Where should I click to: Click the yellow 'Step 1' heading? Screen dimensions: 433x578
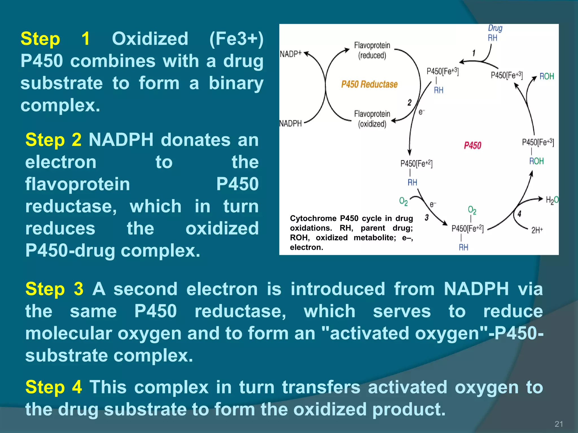(x=55, y=39)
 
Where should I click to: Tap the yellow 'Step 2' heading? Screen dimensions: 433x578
(x=53, y=140)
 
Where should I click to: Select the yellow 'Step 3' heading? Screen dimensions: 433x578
(x=54, y=289)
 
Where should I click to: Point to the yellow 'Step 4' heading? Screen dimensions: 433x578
(x=54, y=387)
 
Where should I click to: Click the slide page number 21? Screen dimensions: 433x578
(x=559, y=424)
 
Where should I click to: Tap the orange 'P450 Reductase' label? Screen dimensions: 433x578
(x=369, y=84)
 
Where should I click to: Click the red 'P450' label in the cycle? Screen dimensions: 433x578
(x=472, y=145)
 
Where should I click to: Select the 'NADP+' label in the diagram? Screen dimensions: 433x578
(x=291, y=54)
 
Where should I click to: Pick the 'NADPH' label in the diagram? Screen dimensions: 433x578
(x=291, y=123)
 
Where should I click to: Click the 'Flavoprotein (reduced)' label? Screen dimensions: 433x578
(x=372, y=50)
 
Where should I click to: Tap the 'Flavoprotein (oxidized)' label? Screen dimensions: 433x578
(x=372, y=119)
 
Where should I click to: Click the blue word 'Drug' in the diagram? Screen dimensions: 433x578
(x=495, y=28)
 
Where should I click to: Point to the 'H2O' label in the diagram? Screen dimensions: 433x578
(x=552, y=200)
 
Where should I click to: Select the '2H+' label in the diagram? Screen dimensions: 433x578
(x=537, y=230)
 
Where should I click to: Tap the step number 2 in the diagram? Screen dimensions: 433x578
(x=410, y=103)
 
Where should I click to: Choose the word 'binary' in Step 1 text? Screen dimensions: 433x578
(x=236, y=83)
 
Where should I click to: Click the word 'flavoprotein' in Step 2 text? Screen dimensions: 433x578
(x=78, y=184)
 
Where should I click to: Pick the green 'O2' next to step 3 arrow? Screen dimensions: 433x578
(x=403, y=201)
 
